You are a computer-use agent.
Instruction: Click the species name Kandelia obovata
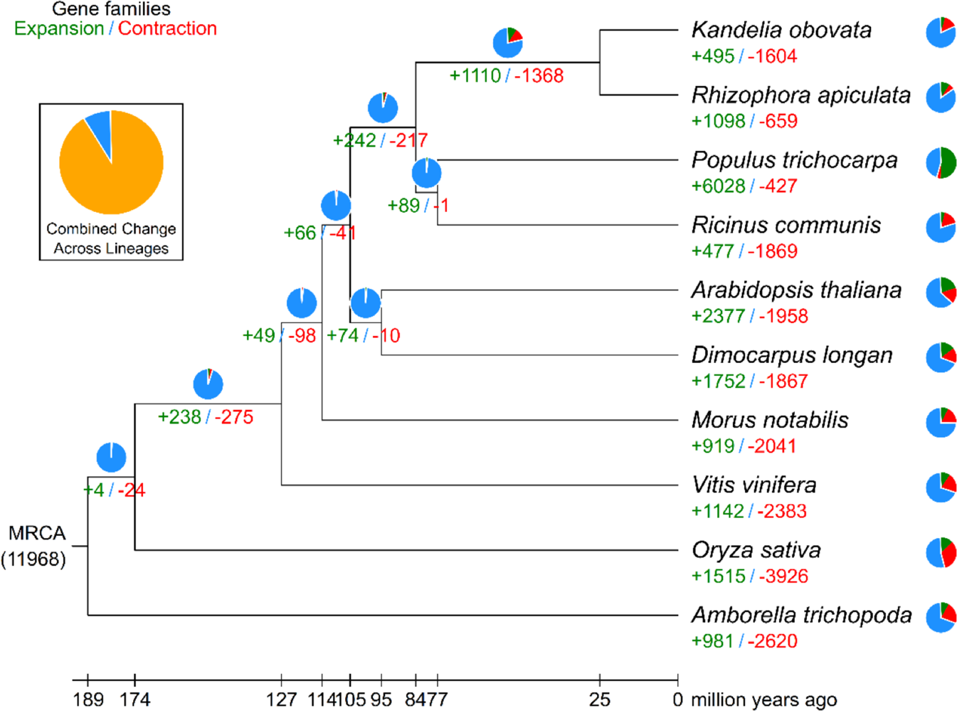tap(781, 30)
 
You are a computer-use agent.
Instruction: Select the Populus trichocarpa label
tap(794, 160)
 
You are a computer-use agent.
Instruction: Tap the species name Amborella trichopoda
tap(801, 615)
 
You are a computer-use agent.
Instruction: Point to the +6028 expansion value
tap(718, 186)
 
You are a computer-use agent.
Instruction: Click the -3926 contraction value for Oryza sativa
tap(783, 576)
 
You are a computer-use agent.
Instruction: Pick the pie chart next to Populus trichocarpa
tap(941, 163)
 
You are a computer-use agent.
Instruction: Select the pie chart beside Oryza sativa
tap(941, 553)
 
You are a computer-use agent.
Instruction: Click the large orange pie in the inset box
tap(112, 163)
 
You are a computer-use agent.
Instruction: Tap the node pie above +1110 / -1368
tap(508, 43)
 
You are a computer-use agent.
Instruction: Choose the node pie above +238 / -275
tap(208, 384)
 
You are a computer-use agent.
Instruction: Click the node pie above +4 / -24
tap(111, 457)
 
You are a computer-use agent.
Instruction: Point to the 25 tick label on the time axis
tap(599, 700)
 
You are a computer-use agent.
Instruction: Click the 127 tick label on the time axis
tap(281, 700)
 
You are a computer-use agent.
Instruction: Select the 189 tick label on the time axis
tap(88, 700)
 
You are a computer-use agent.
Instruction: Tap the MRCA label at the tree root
tap(36, 533)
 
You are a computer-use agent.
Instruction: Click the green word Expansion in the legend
tap(59, 28)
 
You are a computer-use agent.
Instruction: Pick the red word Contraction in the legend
tap(167, 28)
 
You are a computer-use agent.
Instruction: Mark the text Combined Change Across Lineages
tap(111, 238)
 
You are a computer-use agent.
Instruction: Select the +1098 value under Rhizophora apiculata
tap(718, 121)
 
